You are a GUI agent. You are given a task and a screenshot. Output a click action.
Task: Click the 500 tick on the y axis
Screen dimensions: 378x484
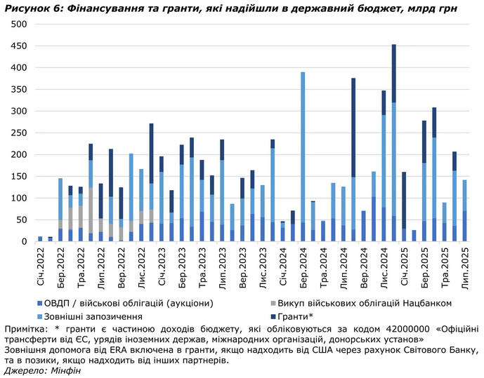point(19,24)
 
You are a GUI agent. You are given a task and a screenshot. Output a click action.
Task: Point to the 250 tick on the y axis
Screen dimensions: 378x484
point(19,133)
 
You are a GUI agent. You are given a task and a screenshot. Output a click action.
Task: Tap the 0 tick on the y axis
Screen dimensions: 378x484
point(23,241)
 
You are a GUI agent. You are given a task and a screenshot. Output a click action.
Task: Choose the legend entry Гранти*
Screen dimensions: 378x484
point(303,316)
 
